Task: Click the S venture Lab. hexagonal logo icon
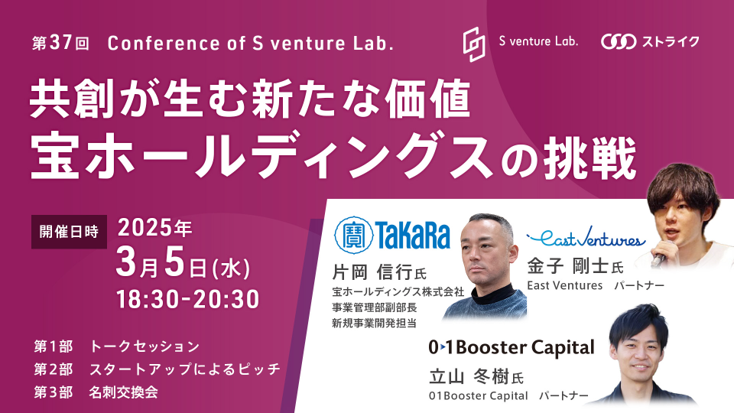coord(474,44)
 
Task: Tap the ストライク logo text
coord(671,42)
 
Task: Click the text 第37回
coord(60,44)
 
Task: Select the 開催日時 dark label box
coord(70,232)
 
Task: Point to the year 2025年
coord(155,228)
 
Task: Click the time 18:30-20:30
coord(188,299)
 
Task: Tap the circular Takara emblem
coord(354,235)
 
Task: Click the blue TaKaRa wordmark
coord(412,235)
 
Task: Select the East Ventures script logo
coord(586,237)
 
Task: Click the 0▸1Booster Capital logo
coord(512,347)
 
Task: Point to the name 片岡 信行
coord(372,272)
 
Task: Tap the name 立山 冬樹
coord(469,377)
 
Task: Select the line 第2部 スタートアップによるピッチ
coord(157,369)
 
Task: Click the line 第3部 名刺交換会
coord(96,392)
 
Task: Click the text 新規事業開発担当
coord(374,323)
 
